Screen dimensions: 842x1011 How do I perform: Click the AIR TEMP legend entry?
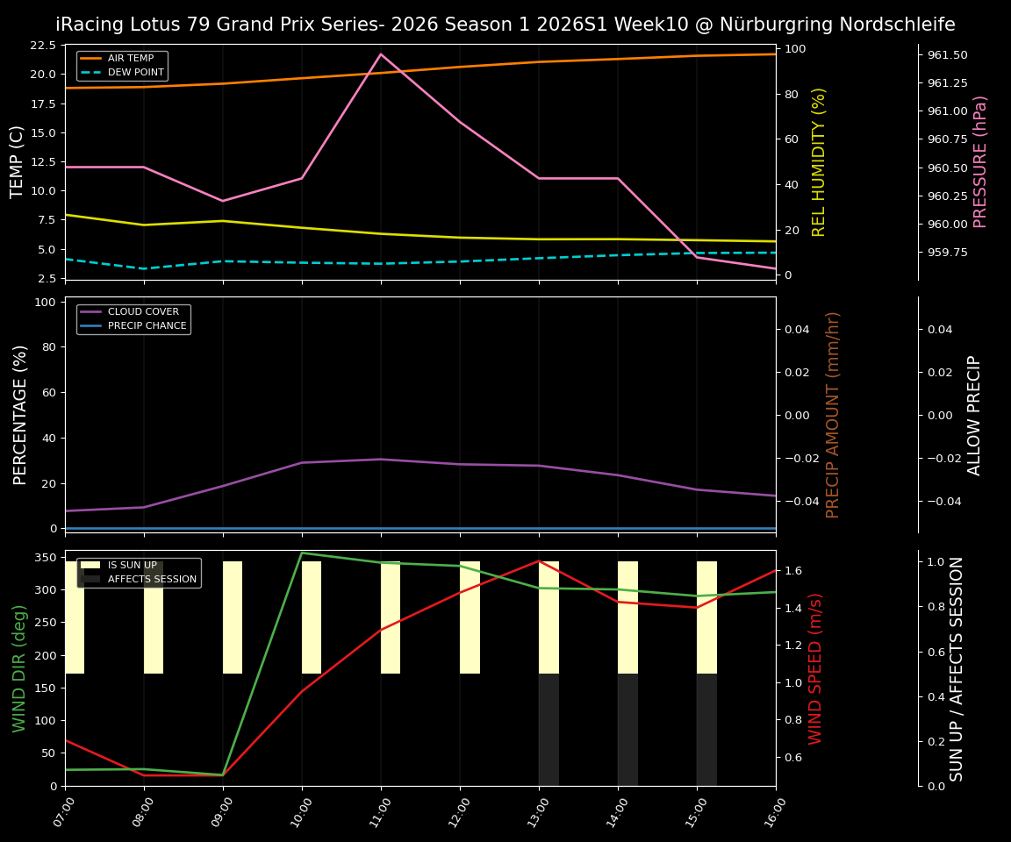(x=130, y=58)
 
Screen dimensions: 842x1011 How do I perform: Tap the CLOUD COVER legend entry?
(x=143, y=311)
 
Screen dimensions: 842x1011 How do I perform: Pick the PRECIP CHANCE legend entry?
(x=147, y=325)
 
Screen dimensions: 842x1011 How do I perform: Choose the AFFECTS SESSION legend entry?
(x=152, y=579)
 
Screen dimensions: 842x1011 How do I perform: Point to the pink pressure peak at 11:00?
(x=381, y=54)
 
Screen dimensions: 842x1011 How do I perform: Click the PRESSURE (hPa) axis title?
(x=980, y=161)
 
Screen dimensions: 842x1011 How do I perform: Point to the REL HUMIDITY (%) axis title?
(x=820, y=161)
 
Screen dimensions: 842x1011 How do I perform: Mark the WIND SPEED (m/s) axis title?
(x=816, y=668)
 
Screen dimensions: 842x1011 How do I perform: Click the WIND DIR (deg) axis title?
(x=19, y=668)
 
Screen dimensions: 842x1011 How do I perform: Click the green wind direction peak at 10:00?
(x=302, y=553)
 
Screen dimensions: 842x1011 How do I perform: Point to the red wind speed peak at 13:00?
(x=539, y=560)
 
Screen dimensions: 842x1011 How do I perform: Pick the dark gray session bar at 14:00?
(x=627, y=730)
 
